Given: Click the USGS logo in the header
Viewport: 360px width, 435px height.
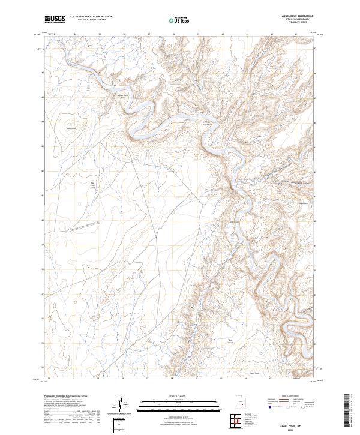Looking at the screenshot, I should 55,19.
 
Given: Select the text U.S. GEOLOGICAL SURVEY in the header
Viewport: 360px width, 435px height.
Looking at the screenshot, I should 87,20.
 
